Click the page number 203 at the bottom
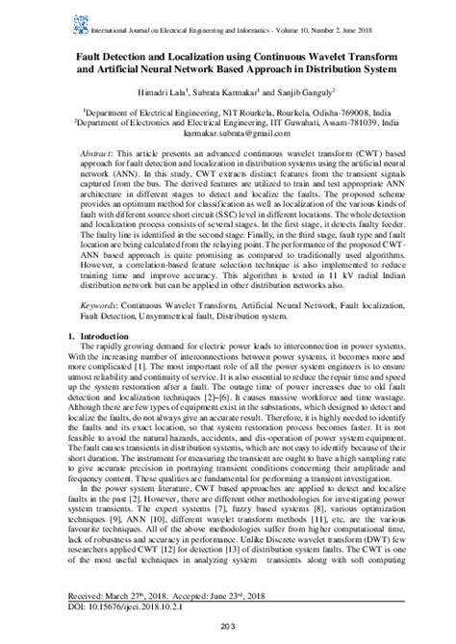[x=227, y=630]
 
